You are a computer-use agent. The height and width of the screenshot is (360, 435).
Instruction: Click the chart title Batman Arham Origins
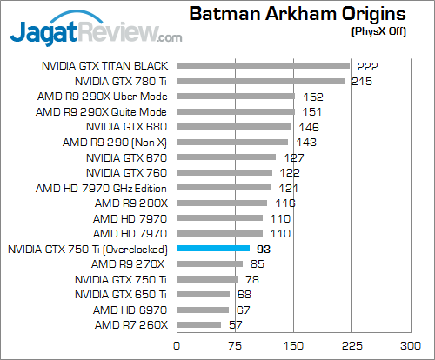tap(298, 14)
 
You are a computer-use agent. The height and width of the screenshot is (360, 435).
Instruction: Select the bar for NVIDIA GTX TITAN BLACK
tap(263, 65)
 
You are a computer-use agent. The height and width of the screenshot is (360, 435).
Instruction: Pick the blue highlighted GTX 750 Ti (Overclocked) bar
tap(213, 249)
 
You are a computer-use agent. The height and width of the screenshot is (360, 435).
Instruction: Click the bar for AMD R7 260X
tap(199, 325)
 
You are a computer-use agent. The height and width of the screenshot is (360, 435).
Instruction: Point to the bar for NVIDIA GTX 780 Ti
tap(260, 81)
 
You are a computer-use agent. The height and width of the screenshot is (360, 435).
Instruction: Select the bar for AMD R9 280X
tap(222, 203)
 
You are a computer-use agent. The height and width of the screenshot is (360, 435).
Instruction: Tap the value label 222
tap(366, 65)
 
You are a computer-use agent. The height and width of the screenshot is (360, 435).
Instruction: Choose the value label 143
tap(306, 142)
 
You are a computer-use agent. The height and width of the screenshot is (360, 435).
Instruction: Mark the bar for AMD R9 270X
tap(210, 263)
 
